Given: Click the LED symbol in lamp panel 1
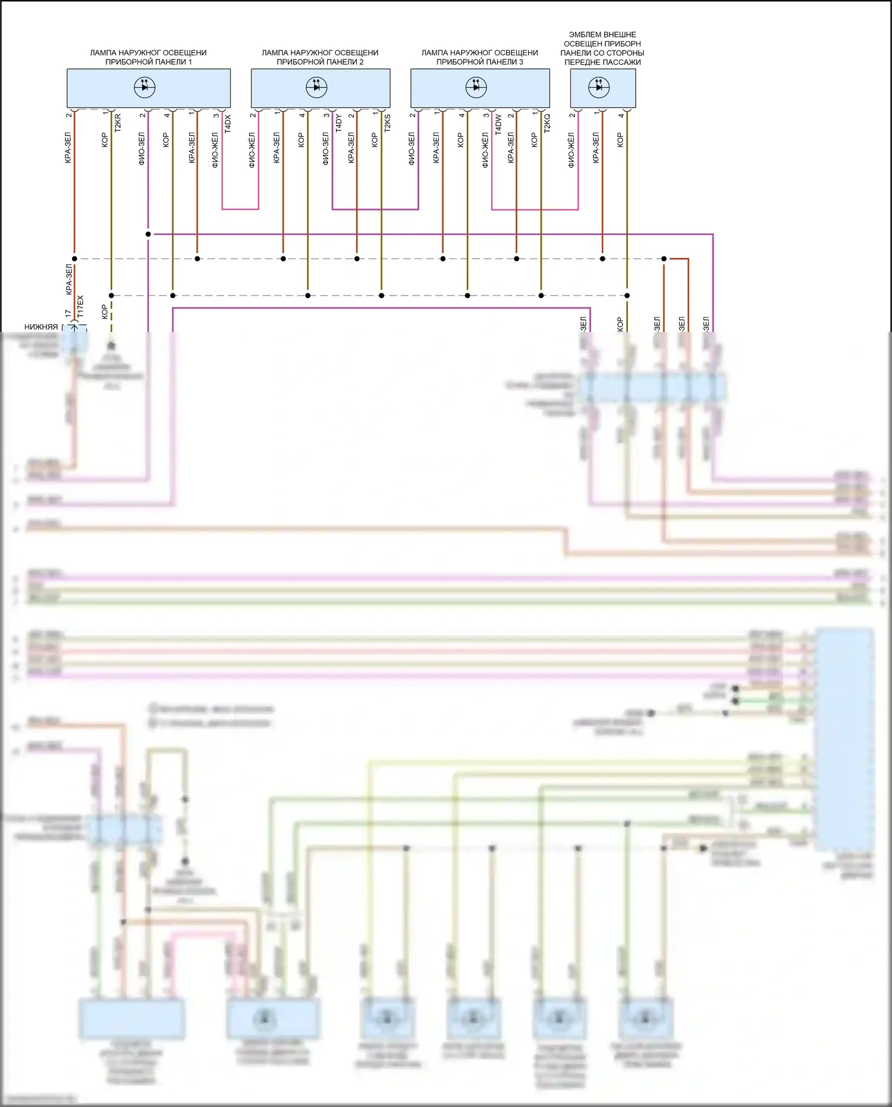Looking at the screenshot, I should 145,87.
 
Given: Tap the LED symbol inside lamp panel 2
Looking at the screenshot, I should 316,87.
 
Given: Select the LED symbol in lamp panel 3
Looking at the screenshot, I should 476,87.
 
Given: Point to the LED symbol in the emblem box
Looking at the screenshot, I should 599,87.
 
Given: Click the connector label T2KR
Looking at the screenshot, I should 117,123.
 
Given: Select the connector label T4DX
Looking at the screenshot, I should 228,123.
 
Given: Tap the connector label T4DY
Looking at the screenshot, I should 338,123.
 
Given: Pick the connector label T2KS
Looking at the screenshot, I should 387,123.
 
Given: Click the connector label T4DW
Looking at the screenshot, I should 498,123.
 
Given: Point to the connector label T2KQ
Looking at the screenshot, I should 547,123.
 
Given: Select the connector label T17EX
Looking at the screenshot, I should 80,306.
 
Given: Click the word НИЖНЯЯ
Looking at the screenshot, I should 41,327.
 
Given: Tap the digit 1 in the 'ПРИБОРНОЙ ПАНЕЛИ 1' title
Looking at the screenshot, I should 190,62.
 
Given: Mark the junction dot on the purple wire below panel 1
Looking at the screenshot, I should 148,234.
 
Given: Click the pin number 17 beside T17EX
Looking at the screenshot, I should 68,313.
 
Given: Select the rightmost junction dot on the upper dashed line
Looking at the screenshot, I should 664,259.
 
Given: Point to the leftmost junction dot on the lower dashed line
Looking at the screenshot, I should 111,296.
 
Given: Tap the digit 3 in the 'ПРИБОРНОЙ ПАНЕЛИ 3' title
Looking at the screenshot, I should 521,62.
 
